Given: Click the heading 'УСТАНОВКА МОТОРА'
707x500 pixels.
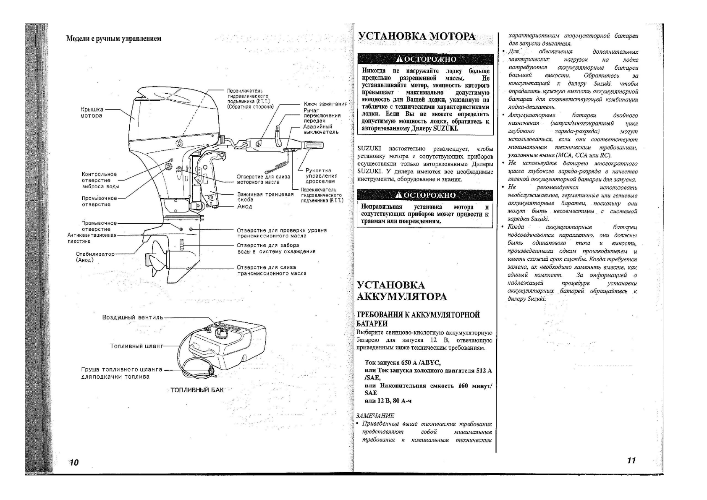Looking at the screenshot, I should click(x=416, y=37).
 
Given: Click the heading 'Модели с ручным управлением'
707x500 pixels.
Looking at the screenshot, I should click(x=114, y=39).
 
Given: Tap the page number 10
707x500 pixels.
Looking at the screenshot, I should click(x=74, y=463).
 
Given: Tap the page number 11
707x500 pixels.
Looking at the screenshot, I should click(x=631, y=460).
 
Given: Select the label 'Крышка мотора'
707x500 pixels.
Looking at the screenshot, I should click(x=92, y=113).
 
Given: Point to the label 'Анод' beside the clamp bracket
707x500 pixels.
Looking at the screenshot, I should click(x=244, y=207).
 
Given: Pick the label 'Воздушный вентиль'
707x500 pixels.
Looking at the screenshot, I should click(x=133, y=317).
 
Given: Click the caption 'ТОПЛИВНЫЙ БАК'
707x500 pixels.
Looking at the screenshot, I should click(x=197, y=390).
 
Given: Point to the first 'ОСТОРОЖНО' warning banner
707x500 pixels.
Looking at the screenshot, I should click(x=425, y=59).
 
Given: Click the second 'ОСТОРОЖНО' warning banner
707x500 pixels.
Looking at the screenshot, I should click(x=425, y=195).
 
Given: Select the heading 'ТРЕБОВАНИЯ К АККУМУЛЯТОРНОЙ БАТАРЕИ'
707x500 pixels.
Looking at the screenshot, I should click(x=418, y=319).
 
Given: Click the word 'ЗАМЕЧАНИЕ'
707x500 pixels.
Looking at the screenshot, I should click(x=375, y=416).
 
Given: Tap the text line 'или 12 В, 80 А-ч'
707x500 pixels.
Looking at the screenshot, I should click(x=388, y=401).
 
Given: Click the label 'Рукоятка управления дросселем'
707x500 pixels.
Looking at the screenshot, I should click(x=320, y=176).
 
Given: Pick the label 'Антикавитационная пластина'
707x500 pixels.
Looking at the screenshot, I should click(x=92, y=238).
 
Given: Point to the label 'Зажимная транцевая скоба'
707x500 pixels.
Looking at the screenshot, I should click(x=265, y=197).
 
